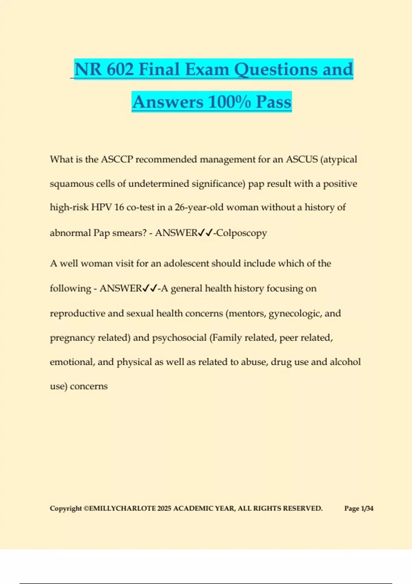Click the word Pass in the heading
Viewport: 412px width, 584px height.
[274, 102]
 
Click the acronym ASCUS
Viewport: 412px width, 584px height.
[302, 159]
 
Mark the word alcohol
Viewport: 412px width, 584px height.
[345, 362]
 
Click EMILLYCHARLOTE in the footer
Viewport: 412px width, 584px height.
[122, 508]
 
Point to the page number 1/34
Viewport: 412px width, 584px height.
[367, 508]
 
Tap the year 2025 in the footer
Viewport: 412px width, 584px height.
[164, 508]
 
